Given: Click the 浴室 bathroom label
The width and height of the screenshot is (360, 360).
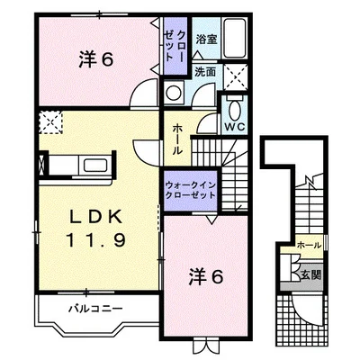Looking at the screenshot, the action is [207, 40].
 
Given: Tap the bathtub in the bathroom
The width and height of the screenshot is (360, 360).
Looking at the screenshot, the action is [235, 39].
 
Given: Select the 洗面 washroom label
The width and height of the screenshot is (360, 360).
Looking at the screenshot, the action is [205, 72].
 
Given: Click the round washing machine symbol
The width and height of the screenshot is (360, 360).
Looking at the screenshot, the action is [173, 93].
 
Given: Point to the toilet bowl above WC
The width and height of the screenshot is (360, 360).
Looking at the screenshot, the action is [235, 109].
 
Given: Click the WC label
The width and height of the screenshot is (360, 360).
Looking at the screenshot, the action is [235, 127].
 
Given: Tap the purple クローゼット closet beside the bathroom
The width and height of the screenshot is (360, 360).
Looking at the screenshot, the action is [175, 46].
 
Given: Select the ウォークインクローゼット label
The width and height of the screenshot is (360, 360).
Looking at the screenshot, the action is [191, 190].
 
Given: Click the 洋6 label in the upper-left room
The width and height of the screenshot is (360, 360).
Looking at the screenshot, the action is [96, 59].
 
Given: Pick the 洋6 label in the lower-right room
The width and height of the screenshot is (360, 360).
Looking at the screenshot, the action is [206, 276].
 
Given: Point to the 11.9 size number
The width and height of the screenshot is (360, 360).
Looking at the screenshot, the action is [95, 240].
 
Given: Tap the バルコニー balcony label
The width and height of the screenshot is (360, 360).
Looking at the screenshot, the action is [95, 308].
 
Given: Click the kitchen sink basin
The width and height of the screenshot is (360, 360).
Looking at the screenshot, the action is [95, 166].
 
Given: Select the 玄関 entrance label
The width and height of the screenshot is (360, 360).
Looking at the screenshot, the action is [310, 274].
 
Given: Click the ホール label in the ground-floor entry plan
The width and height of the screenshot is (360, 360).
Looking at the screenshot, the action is [309, 246].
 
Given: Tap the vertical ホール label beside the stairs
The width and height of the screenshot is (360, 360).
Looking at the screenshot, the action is [177, 140].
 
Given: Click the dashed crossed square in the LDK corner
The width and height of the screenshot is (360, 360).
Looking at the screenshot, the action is [51, 122].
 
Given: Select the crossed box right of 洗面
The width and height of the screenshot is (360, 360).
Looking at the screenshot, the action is [236, 77].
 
